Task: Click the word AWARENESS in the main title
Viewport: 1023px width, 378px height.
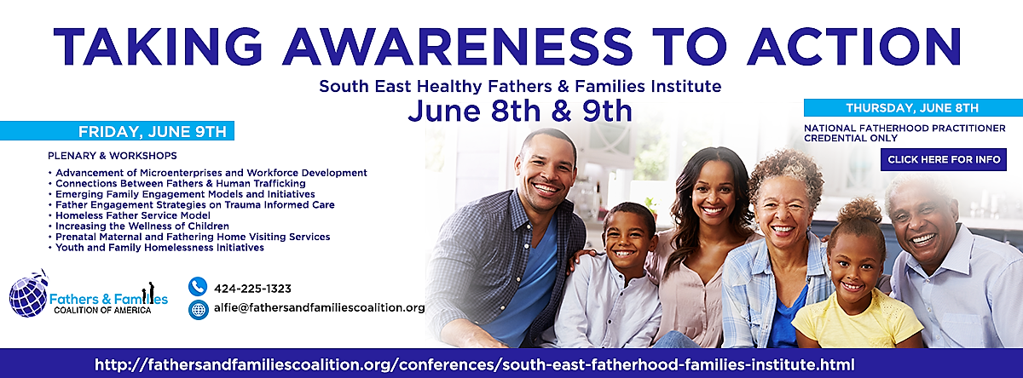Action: (x=458, y=47)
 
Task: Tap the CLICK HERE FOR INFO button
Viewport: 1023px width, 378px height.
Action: (x=944, y=159)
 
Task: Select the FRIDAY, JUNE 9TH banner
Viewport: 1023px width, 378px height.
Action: (x=117, y=131)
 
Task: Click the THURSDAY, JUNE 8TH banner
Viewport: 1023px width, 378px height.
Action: (x=913, y=108)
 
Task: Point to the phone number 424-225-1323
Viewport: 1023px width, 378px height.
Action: (x=252, y=289)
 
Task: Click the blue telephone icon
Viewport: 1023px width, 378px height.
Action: (x=198, y=286)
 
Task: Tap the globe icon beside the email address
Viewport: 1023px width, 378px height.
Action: (x=198, y=310)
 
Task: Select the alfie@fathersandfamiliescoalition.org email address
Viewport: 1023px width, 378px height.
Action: (x=319, y=308)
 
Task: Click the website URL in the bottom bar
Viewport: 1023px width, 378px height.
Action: (x=475, y=364)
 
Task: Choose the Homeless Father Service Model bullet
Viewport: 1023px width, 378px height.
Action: (x=133, y=215)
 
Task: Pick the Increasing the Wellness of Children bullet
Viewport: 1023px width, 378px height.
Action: (x=142, y=226)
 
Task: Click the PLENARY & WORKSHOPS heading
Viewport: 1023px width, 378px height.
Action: (x=113, y=156)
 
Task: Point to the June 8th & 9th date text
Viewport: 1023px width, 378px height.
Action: (x=520, y=112)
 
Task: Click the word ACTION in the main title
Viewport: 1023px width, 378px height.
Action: (x=854, y=47)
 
